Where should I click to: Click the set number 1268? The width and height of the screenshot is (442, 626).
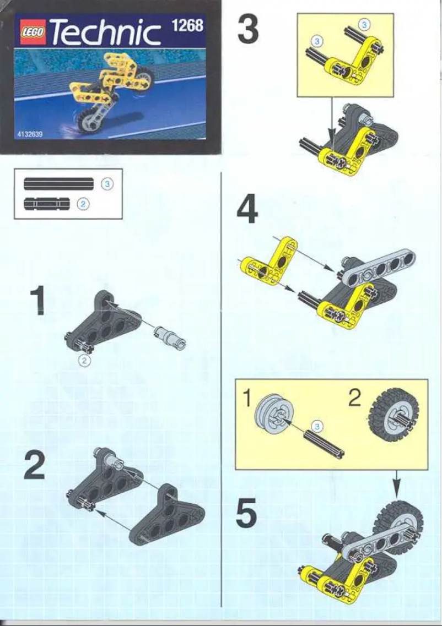coord(187,25)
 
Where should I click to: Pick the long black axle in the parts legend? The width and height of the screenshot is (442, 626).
coord(58,183)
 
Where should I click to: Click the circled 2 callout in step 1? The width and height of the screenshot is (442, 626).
coord(84,361)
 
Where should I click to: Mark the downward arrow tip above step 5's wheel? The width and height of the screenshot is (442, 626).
coord(396,493)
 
